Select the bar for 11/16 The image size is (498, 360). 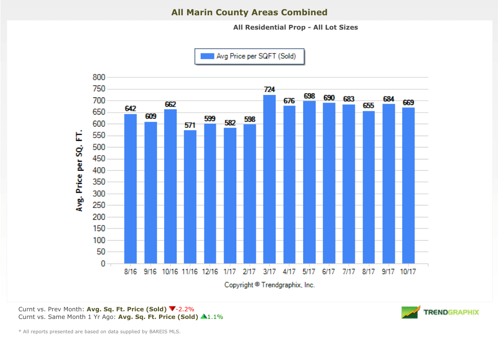click(190, 197)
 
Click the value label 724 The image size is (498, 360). click(269, 89)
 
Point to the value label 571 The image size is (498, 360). click(190, 125)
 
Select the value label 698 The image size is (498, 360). click(309, 95)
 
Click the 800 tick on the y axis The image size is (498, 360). click(98, 77)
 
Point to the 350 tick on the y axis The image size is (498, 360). click(98, 182)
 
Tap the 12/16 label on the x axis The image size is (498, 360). click(210, 272)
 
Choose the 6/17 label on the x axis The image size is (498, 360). click(329, 272)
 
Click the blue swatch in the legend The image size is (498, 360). click(207, 56)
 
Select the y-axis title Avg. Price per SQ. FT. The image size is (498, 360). click(80, 170)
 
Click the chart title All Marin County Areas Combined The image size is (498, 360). click(249, 12)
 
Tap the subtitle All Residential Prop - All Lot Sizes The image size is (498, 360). click(296, 27)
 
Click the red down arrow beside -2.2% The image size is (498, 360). click(172, 308)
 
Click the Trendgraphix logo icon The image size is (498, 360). click(410, 312)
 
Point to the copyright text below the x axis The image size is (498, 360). click(270, 285)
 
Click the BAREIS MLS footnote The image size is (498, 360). click(99, 331)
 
